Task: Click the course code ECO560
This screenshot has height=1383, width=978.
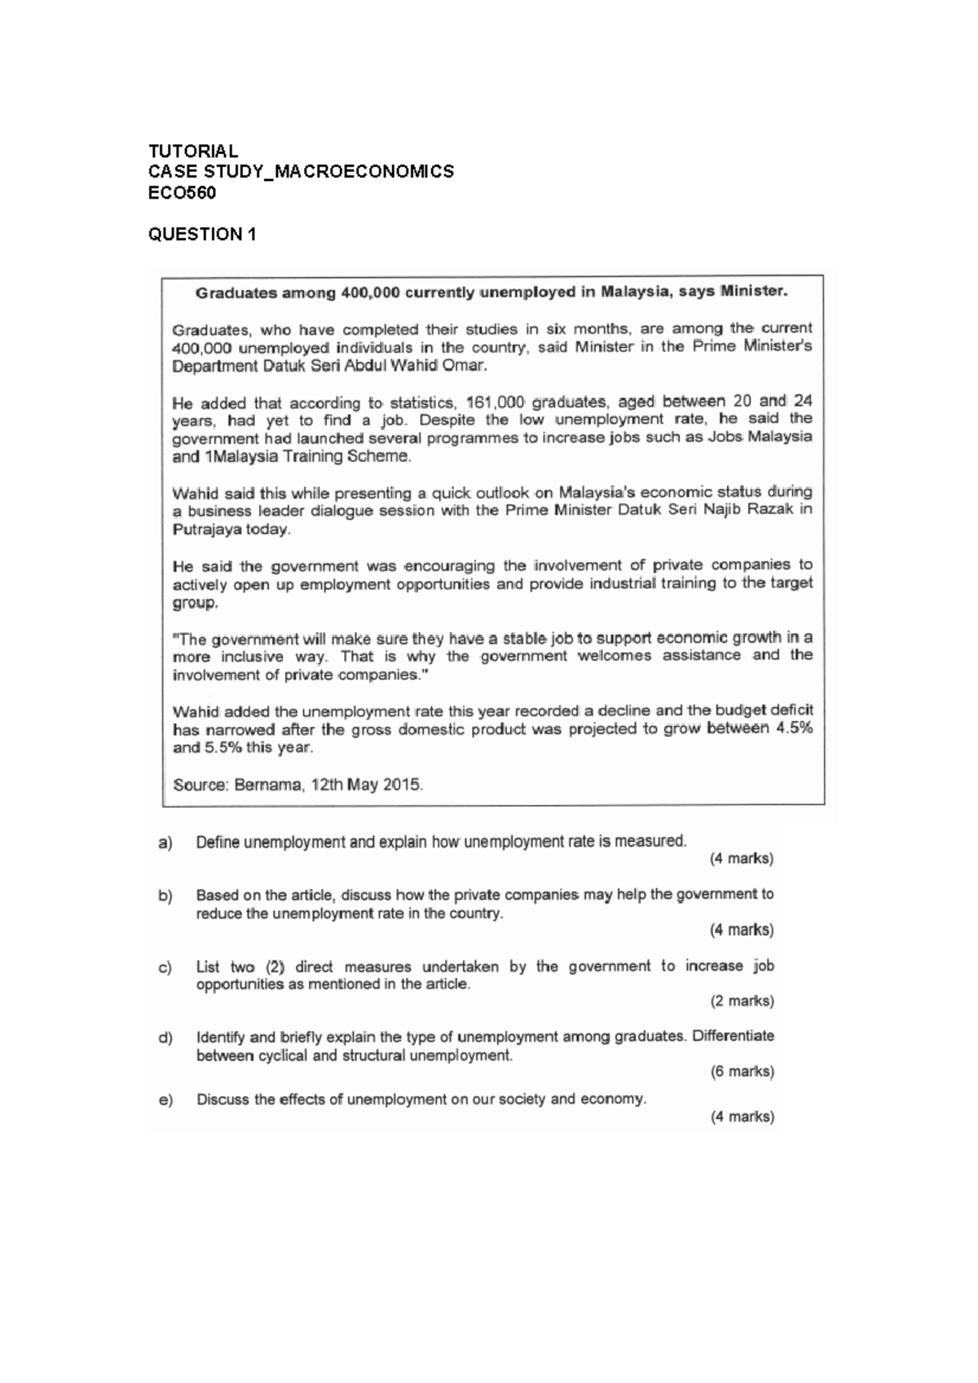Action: pos(182,193)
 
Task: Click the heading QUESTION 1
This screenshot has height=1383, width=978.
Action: pos(202,235)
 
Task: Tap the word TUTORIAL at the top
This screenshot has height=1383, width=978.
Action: pos(193,151)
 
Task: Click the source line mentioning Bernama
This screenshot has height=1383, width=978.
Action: pos(298,786)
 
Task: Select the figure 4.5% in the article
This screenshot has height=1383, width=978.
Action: pos(793,729)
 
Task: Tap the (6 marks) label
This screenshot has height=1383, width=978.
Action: pos(742,1072)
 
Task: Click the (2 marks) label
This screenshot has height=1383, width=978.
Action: pos(742,1001)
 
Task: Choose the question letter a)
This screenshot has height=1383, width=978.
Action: pos(165,843)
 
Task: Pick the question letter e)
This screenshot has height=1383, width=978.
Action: pos(165,1100)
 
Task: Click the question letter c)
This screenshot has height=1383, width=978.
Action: pos(165,967)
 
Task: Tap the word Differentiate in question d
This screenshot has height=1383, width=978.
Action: pos(733,1037)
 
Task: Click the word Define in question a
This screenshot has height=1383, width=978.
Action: pos(218,843)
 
